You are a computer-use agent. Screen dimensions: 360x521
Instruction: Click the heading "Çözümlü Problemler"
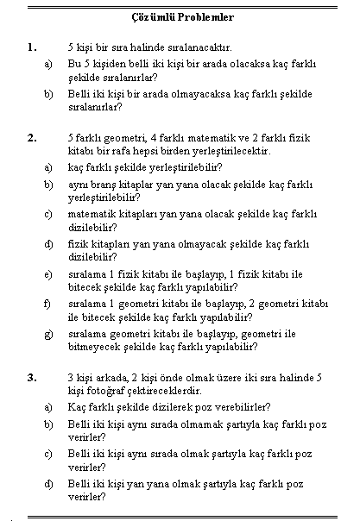[x=182, y=17]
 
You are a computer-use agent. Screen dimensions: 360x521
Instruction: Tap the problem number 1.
[x=32, y=47]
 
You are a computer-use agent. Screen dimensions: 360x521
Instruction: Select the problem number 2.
[x=32, y=138]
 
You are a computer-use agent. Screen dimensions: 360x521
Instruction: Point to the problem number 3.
[x=32, y=378]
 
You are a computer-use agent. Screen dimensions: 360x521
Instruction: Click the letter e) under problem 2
[x=48, y=275]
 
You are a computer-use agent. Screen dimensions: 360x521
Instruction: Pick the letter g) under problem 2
[x=48, y=335]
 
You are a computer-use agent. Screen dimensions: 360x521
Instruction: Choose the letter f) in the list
[x=47, y=304]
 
